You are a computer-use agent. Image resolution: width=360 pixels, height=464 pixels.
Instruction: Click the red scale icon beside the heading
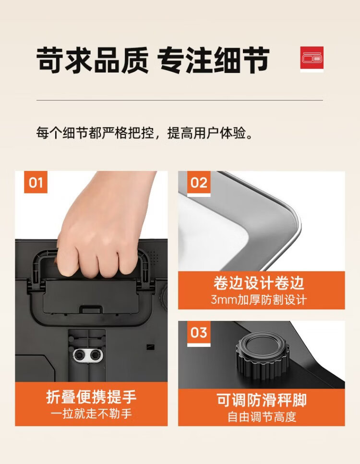(x=312, y=59)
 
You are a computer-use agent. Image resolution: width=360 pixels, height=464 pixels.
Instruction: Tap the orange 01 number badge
(x=36, y=183)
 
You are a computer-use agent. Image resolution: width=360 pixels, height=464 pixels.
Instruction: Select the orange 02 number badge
(x=199, y=183)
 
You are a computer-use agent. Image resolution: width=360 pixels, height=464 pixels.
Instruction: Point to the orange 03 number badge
(x=199, y=333)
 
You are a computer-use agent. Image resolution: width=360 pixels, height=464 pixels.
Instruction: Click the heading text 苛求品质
(x=92, y=60)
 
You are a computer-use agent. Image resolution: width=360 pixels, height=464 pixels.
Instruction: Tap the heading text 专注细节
(x=213, y=60)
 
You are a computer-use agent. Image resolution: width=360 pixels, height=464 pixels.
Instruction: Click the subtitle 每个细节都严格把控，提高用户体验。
(x=145, y=133)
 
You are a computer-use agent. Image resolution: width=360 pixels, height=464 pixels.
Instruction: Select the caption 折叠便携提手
(x=91, y=397)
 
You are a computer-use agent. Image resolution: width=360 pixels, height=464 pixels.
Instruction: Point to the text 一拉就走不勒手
(x=91, y=414)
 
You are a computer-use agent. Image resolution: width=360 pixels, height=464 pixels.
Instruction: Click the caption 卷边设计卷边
(x=259, y=283)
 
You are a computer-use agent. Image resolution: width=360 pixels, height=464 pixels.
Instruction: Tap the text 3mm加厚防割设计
(x=259, y=300)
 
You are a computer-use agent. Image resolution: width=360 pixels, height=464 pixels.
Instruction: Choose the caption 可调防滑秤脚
(x=262, y=400)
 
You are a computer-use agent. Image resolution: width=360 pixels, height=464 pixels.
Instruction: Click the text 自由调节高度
(x=262, y=417)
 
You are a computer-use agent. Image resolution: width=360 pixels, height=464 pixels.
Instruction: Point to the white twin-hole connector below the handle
(x=88, y=354)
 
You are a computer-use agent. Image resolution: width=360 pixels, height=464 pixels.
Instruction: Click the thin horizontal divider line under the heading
(x=180, y=100)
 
